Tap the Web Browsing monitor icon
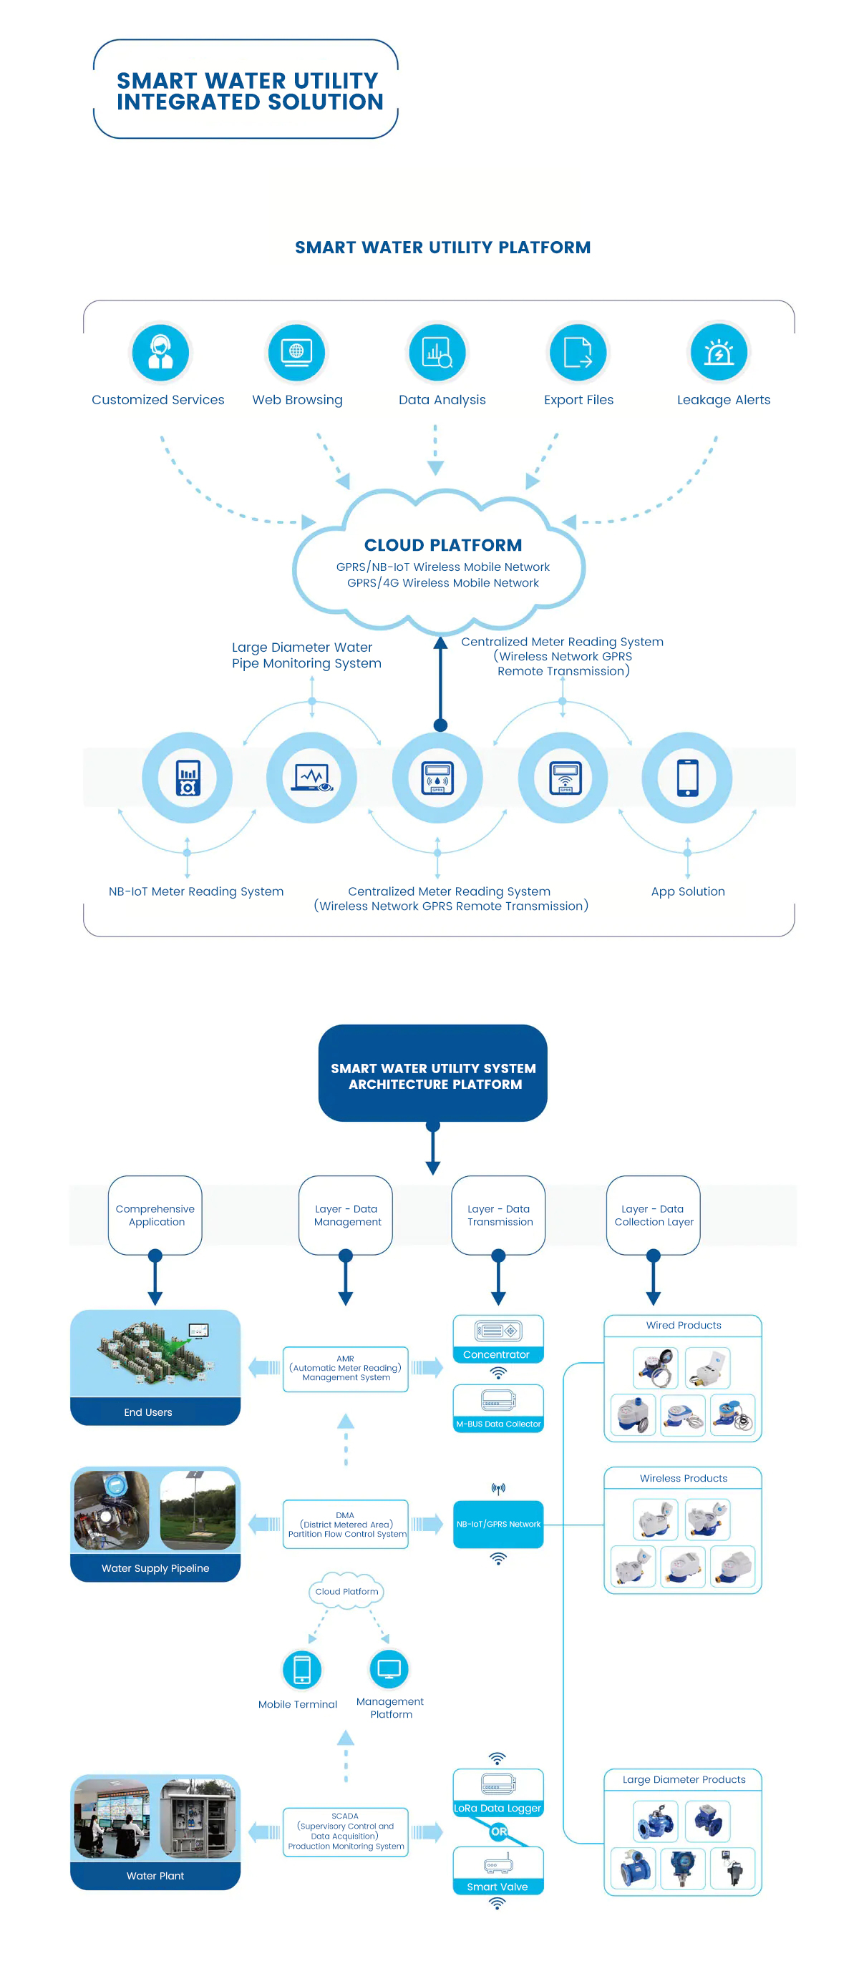point(296,352)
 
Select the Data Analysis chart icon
point(437,352)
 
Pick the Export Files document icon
point(578,352)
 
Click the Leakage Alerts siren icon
point(718,352)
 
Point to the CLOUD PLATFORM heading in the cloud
point(442,544)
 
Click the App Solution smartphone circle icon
point(686,778)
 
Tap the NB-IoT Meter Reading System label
point(196,891)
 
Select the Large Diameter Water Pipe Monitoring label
point(306,655)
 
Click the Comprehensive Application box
point(155,1215)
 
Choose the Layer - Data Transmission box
point(499,1215)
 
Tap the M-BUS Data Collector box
point(498,1408)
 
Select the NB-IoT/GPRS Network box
point(498,1524)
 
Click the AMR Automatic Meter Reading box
point(345,1369)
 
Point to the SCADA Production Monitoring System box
point(345,1831)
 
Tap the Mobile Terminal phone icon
point(301,1669)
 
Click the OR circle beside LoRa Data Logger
point(498,1831)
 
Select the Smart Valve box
point(498,1871)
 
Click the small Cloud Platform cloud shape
point(346,1590)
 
